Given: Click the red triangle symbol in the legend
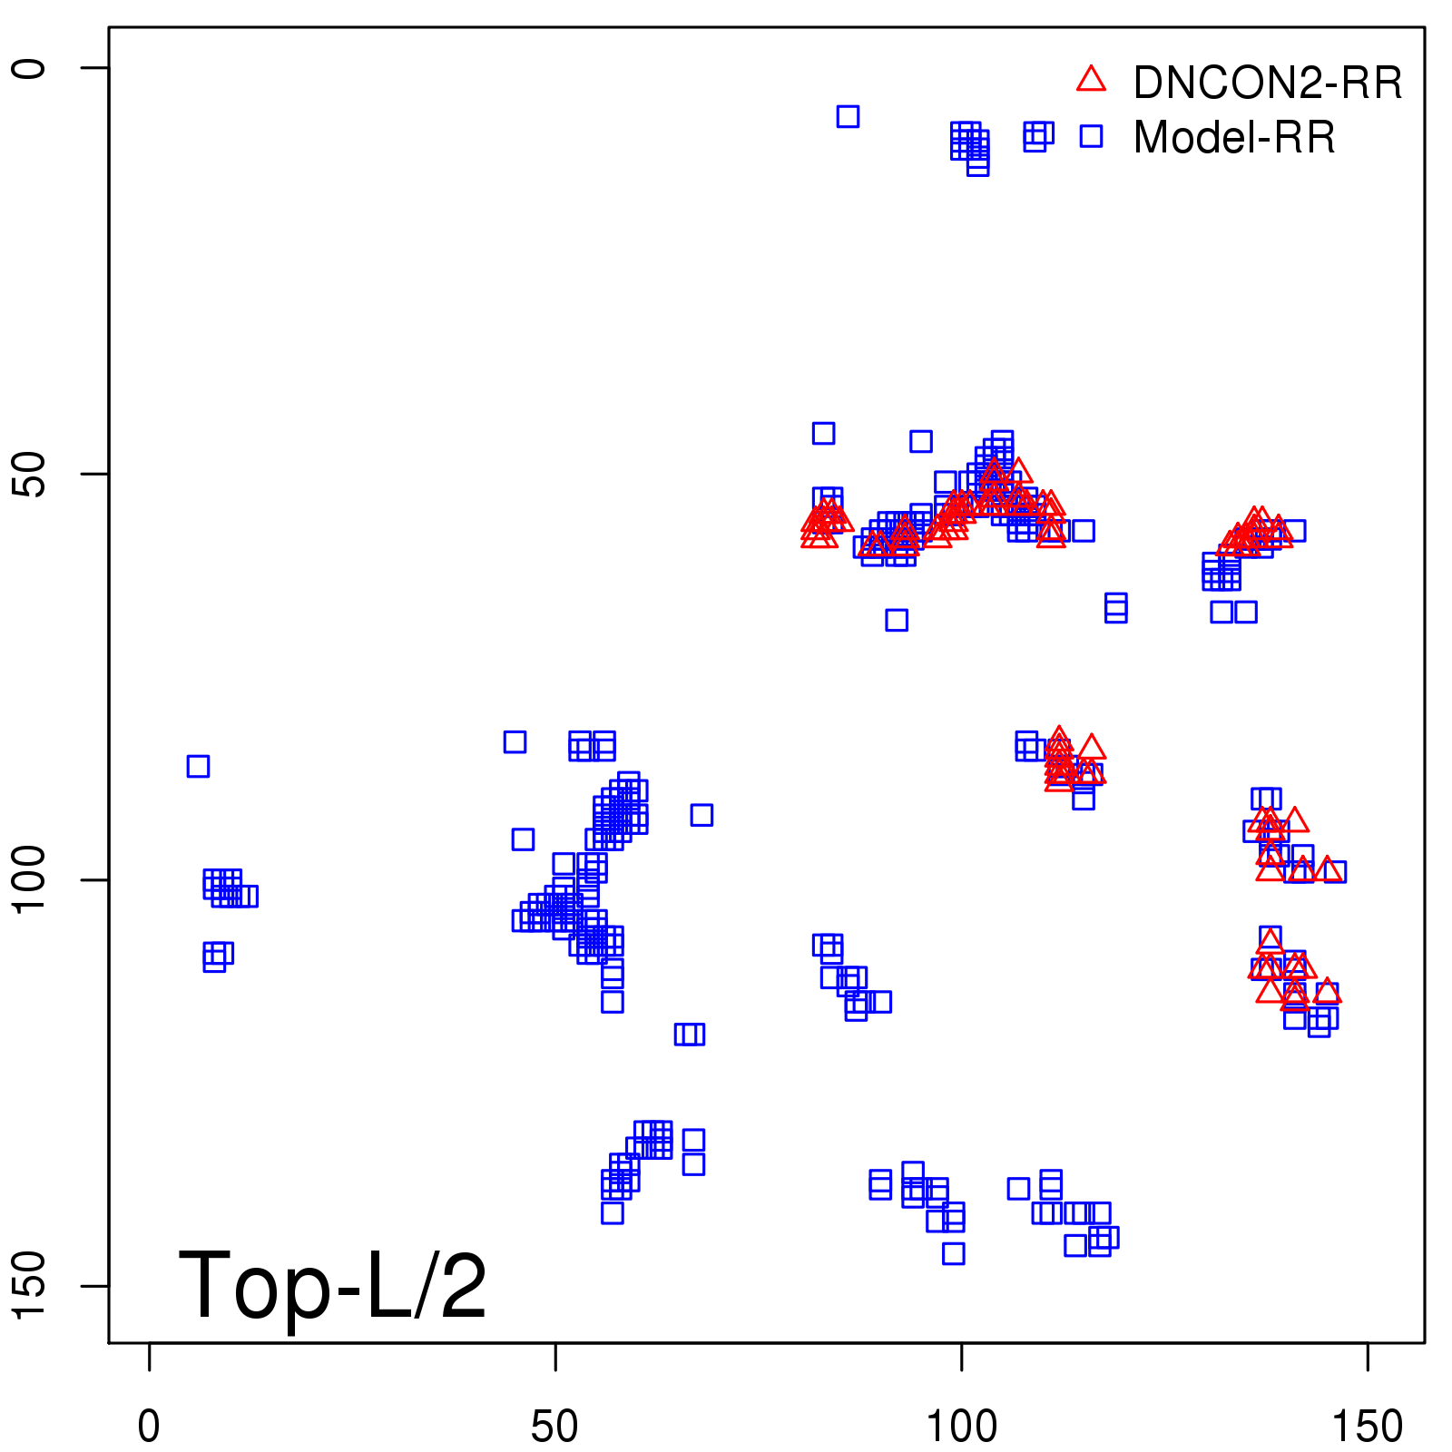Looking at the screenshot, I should coord(1091,80).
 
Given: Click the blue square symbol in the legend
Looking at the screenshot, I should coord(1091,136).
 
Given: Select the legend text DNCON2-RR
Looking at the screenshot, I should coord(1268,83).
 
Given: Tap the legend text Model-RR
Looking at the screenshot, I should coord(1234,137).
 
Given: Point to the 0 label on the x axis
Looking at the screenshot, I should coord(149,1426).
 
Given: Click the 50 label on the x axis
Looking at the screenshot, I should coord(554,1426).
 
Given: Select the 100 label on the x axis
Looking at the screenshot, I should coord(961,1426).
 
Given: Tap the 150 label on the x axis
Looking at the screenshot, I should coord(1367,1426).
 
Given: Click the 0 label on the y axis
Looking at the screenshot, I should coord(29,68).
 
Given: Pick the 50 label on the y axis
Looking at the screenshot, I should coord(29,474).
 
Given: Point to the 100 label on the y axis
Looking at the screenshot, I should coord(29,879).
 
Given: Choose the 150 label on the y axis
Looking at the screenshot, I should coord(29,1285).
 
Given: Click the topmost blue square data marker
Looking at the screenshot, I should coord(848,116).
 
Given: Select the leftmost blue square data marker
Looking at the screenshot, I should coord(198,766).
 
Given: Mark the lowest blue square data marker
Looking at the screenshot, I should coord(953,1253).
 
